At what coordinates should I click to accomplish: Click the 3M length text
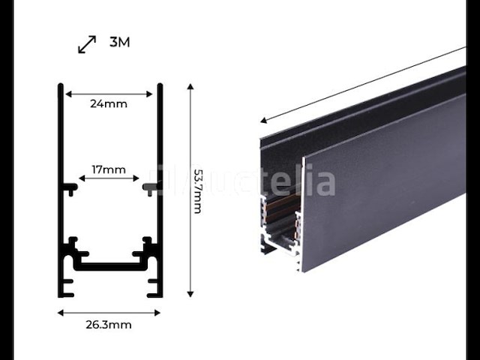[119, 42]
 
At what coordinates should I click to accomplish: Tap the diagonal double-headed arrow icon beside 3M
[87, 44]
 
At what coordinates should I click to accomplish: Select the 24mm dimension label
[109, 103]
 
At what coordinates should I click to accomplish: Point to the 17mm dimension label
[109, 169]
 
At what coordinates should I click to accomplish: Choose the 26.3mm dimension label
[109, 325]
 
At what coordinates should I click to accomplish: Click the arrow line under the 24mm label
[109, 94]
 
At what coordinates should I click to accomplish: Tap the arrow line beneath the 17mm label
[109, 179]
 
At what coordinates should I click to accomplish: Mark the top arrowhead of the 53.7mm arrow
[190, 87]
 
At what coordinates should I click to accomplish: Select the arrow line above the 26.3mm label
[109, 312]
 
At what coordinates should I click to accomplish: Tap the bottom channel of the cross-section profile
[109, 265]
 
